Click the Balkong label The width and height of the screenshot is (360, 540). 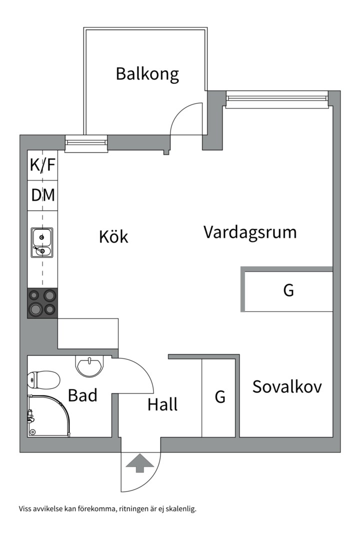point(147,74)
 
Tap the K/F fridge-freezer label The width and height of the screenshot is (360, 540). point(42,165)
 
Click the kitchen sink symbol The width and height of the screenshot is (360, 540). point(42,242)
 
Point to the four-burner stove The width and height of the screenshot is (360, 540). point(42,302)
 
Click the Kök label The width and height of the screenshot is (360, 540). point(113,236)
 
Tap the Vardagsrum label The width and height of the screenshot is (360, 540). point(250,232)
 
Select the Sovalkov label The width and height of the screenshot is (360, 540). point(286,386)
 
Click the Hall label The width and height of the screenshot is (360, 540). point(162,404)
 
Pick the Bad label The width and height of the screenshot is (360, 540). point(82,396)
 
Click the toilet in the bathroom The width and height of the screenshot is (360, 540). point(44,380)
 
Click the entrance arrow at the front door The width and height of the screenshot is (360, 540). point(140,462)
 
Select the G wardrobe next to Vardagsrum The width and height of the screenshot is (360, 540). point(288,290)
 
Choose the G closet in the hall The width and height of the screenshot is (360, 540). point(220,397)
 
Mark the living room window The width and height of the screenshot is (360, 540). point(276,99)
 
